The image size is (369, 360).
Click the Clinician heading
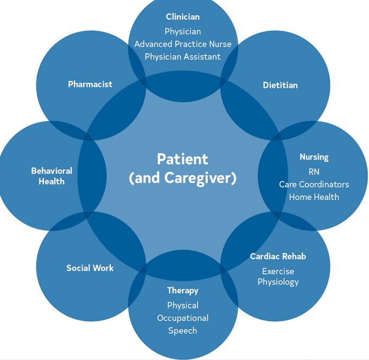click(182, 17)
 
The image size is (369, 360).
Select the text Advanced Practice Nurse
click(182, 44)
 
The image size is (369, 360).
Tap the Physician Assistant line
click(182, 56)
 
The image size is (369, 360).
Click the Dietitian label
click(280, 85)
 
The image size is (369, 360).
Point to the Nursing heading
click(314, 157)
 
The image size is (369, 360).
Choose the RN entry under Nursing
click(314, 171)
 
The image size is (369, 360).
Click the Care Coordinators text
click(314, 184)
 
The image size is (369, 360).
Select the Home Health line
click(314, 197)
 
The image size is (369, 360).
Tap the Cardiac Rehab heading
click(278, 256)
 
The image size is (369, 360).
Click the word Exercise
click(278, 271)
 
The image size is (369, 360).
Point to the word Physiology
click(278, 282)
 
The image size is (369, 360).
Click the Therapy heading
click(182, 291)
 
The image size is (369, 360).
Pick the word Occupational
click(182, 318)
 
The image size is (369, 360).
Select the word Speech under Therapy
click(182, 331)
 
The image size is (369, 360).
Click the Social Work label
click(90, 268)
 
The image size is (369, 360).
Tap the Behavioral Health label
click(52, 176)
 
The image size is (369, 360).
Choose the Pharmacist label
click(90, 84)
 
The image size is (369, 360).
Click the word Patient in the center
click(182, 159)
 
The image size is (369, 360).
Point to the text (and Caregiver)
click(182, 178)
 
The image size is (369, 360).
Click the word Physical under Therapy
click(182, 305)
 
